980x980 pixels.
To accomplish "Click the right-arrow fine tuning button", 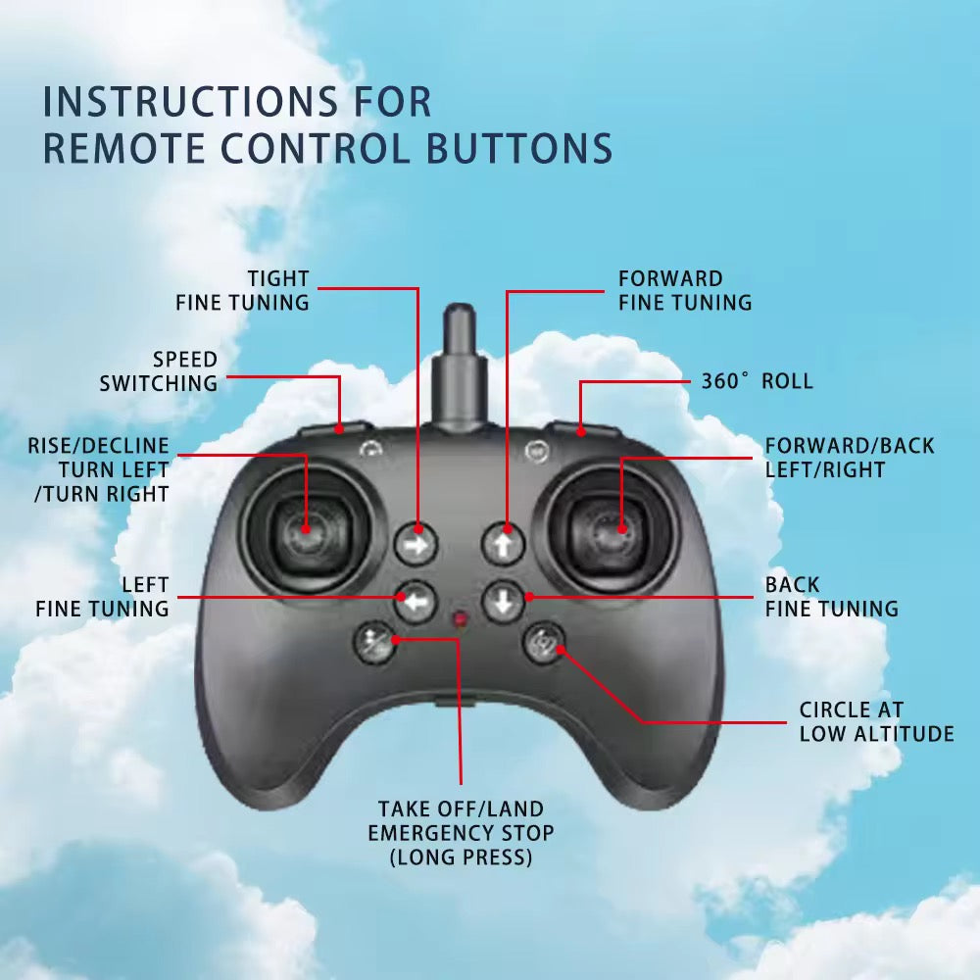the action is pos(416,544).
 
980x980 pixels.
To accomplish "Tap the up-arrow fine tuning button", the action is pos(503,544).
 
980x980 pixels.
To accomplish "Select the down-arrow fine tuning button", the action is pos(503,602).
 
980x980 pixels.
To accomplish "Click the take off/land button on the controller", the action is pos(375,643).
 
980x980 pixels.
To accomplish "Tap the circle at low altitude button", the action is pos(544,643).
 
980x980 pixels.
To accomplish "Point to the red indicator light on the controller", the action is pos(460,618).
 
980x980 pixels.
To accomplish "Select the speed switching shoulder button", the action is pos(335,429).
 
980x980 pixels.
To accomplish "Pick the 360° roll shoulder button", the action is pos(582,430).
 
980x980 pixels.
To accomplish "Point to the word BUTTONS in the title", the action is pos(520,149).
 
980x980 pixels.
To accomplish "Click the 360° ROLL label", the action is pos(757,381).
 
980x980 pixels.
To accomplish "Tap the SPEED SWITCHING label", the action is pos(159,371).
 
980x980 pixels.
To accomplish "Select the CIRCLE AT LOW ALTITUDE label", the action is pos(876,722).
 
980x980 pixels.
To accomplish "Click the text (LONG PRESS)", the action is pos(461,857).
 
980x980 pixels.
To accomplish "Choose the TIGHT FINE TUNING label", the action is pos(242,291).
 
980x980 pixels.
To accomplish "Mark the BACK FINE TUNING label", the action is pos(832,597).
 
